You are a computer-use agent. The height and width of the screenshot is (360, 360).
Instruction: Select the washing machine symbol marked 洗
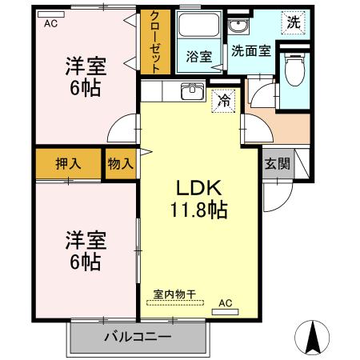tap(294, 22)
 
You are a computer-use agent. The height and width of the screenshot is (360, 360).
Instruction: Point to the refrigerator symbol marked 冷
tap(225, 101)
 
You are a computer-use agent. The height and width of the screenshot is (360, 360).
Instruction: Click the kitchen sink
tap(191, 91)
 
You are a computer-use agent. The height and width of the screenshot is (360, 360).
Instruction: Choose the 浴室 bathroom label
tap(198, 57)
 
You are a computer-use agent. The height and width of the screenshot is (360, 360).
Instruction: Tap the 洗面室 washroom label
tap(250, 50)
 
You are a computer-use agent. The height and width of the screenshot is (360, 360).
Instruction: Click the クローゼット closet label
tap(155, 42)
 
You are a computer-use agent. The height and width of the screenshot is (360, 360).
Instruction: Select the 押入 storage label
tap(67, 163)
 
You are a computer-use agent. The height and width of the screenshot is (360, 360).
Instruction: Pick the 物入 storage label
tap(120, 163)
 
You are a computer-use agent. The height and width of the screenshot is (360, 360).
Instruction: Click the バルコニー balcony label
tap(137, 336)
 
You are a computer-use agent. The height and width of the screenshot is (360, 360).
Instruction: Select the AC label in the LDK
tap(226, 303)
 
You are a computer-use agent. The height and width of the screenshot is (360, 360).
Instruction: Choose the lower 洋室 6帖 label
tap(83, 250)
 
